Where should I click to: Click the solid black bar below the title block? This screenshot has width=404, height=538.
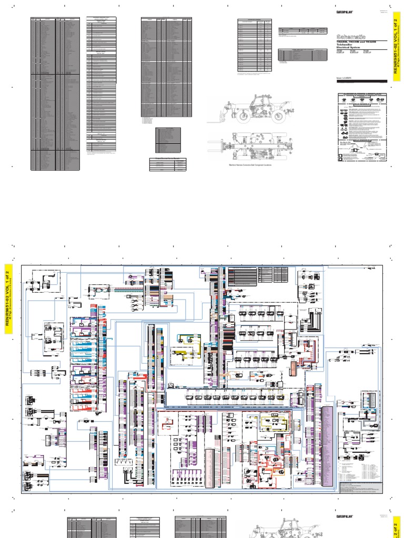361,81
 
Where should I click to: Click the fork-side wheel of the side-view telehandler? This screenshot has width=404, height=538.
244,117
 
